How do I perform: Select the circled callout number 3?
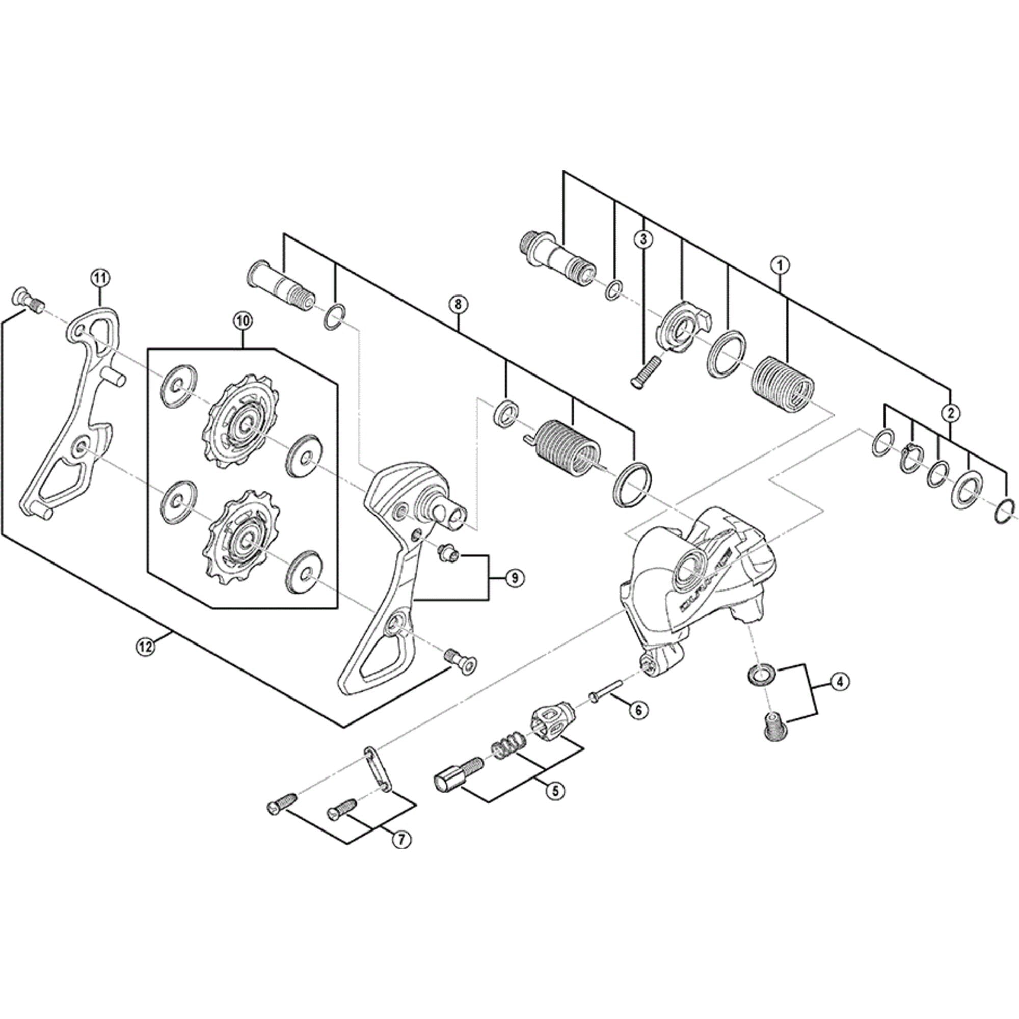[643, 239]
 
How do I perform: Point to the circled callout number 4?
[840, 681]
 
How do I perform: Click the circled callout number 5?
[554, 806]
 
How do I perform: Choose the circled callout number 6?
[638, 709]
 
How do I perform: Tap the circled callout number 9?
[514, 578]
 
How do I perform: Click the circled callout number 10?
[244, 320]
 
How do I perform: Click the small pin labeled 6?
[606, 696]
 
